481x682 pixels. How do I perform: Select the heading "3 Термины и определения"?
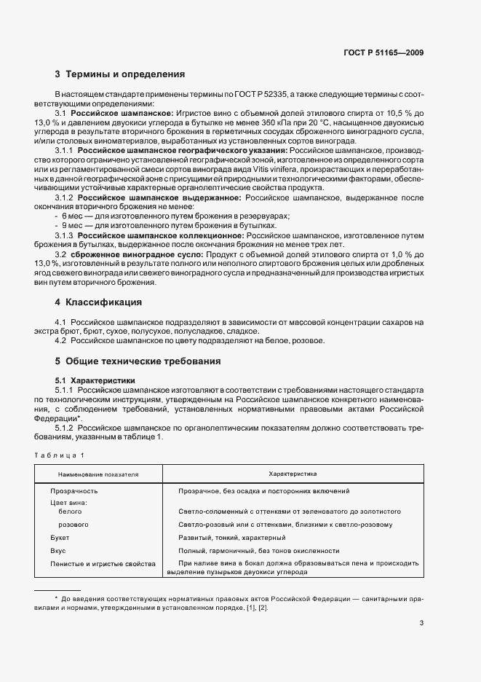tap(120, 74)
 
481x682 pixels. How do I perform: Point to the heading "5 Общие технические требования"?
tap(138, 361)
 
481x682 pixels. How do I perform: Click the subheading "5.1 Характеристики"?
tap(94, 380)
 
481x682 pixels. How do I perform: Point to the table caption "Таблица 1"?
tap(60, 455)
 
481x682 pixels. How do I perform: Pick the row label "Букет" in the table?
tap(60, 537)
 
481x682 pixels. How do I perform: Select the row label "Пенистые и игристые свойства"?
tap(103, 563)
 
